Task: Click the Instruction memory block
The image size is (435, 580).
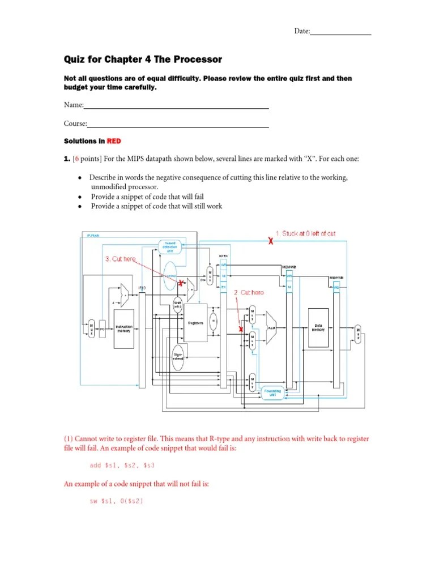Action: pos(123,329)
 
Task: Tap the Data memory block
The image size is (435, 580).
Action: pos(318,328)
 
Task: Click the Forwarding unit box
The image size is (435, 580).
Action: pos(275,392)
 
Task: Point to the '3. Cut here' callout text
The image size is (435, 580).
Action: pos(120,259)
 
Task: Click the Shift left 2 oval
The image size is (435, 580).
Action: pos(177,304)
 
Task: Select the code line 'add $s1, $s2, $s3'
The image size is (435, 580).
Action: pos(122,465)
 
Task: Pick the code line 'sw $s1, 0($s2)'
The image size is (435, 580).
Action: pos(114,501)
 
